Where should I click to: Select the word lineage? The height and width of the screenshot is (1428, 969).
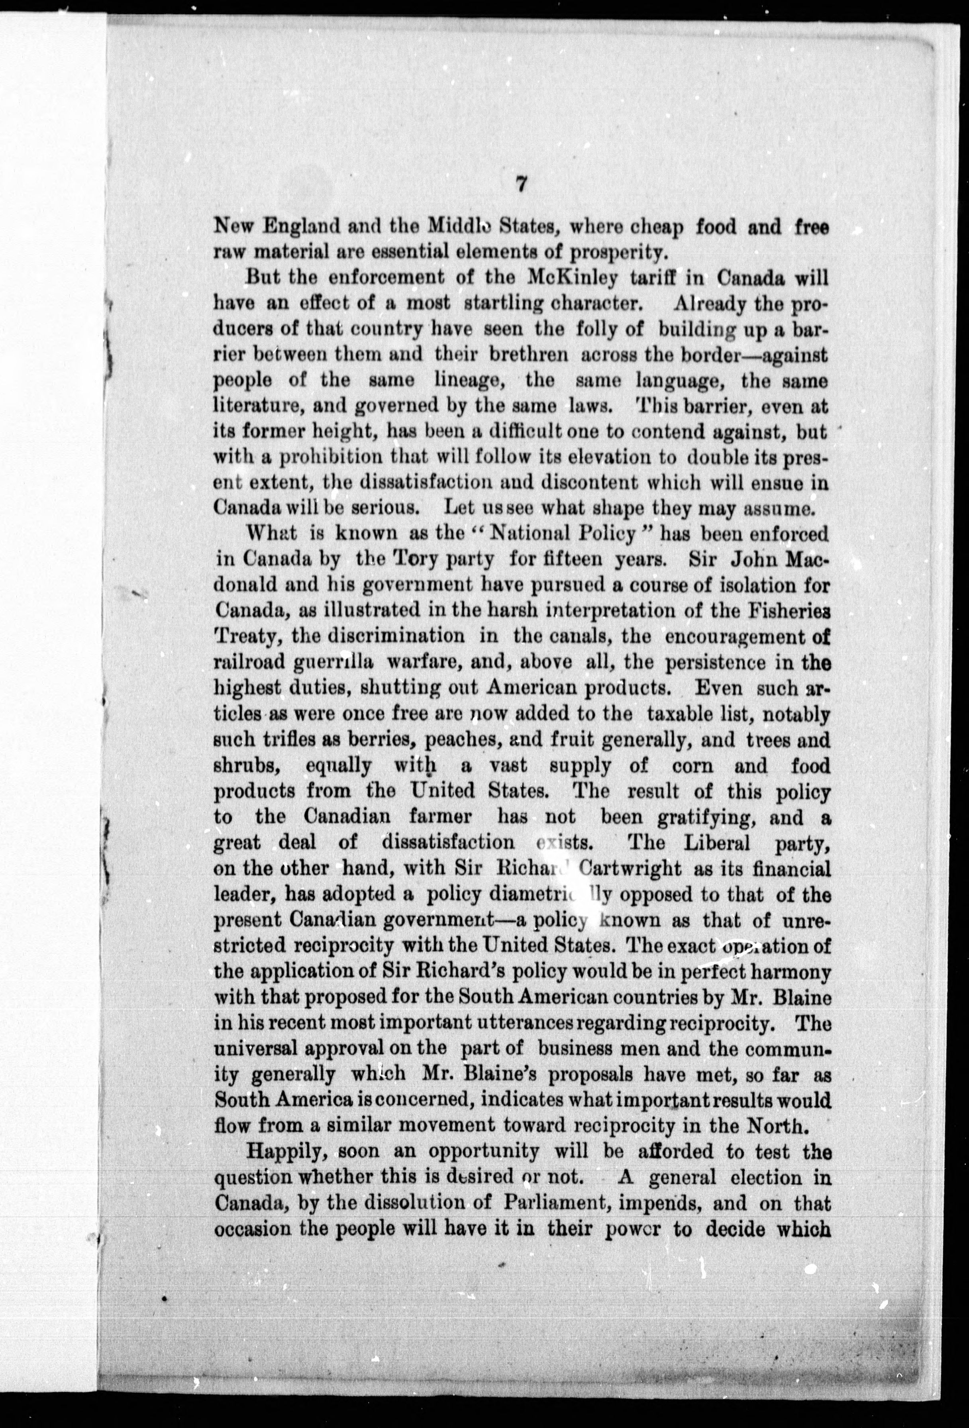(x=460, y=381)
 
